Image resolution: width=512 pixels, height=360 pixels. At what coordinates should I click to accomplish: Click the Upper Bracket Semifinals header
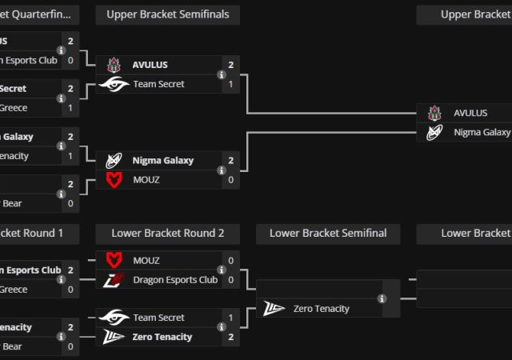pos(167,14)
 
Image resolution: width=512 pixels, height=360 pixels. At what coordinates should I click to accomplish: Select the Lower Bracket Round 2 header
pos(167,234)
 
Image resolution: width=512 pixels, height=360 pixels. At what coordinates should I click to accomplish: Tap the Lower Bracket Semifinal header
pos(328,234)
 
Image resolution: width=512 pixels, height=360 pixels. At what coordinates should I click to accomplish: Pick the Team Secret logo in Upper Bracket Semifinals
pos(114,84)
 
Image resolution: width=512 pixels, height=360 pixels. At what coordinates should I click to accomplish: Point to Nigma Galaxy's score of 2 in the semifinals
pos(230,161)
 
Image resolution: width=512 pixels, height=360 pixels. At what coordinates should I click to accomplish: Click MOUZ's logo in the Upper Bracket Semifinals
pos(114,180)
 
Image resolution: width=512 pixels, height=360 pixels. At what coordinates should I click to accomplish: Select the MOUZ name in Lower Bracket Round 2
pos(146,261)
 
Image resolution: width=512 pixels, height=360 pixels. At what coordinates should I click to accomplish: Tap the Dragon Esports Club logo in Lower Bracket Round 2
pos(114,280)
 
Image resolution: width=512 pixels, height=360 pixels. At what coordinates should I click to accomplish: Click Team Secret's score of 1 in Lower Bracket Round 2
pos(230,318)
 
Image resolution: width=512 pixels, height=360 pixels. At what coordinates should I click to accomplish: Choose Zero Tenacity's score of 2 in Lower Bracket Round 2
pos(230,338)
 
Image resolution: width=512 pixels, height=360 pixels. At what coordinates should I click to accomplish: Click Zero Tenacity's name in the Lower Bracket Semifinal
pos(322,309)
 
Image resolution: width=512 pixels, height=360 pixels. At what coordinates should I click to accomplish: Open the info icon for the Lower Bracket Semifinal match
pos(382,298)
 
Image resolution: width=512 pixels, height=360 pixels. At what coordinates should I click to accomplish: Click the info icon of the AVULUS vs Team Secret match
pos(222,74)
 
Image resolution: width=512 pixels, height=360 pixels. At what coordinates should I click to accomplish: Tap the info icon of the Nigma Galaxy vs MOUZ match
pos(222,170)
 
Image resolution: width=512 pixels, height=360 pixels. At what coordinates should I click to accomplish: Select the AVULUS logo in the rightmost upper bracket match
pos(434,114)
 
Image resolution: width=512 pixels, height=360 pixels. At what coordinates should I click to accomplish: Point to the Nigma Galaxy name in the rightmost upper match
pos(482,133)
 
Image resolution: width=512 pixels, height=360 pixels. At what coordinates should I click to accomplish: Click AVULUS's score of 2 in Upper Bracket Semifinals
pos(230,65)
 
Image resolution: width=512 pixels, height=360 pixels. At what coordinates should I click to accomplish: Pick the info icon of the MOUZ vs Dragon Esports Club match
pos(222,270)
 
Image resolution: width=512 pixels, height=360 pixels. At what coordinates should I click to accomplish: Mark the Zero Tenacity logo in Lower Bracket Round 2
pos(114,338)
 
